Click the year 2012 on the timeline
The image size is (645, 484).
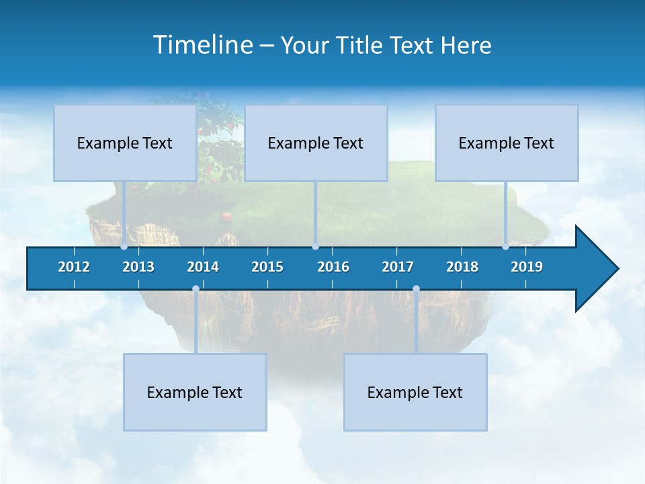pos(74,267)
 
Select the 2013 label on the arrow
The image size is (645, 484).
pos(138,267)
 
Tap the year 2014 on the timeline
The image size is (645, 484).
pos(203,267)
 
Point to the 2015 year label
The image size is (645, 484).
pos(267,267)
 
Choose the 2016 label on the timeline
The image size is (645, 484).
pos(333,267)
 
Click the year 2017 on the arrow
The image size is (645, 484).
pos(398,267)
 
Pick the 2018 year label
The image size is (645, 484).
pos(462,267)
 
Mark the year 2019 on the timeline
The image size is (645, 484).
pos(527,267)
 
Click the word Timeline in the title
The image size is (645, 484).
pos(203,45)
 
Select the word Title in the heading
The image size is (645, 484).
pos(360,45)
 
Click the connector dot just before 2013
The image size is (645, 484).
pos(124,247)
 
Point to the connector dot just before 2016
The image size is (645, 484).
pos(315,247)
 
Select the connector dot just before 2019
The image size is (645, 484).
pos(506,247)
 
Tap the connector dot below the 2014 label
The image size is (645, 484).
pos(196,289)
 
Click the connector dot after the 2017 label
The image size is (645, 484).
pos(416,289)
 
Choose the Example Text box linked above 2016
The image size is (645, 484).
pos(316,143)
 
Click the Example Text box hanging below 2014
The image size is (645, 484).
pos(195,393)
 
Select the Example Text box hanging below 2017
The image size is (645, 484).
pos(415,393)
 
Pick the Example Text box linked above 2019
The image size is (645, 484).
pos(507,143)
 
